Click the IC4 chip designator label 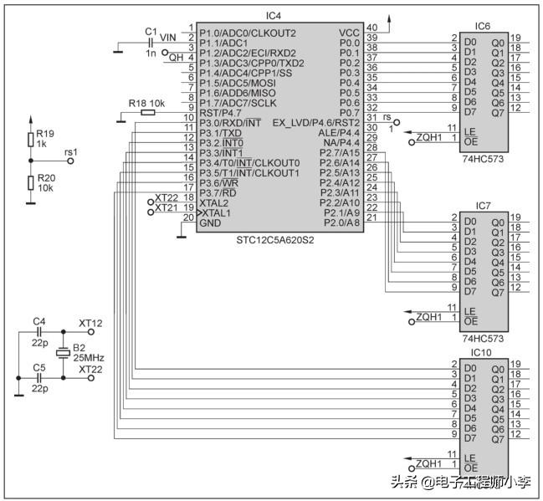click(274, 16)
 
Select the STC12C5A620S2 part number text click(264, 239)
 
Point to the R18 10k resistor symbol click(148, 112)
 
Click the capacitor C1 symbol click(151, 42)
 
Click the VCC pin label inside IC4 click(349, 33)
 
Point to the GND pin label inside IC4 click(211, 223)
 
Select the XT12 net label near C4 click(90, 323)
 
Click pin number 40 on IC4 click(371, 28)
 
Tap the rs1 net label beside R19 click(70, 152)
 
